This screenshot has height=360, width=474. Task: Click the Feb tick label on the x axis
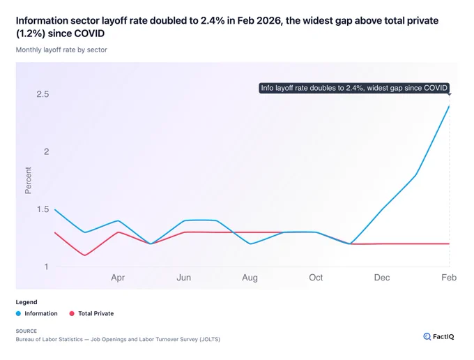point(449,278)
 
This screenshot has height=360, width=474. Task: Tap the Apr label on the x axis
point(118,278)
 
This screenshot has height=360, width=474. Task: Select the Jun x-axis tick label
point(184,278)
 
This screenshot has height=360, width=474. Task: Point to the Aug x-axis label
point(250,278)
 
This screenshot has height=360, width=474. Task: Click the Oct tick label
point(316,278)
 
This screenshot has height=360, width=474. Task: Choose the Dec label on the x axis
point(382,278)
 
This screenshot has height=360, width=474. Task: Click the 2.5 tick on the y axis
point(43,94)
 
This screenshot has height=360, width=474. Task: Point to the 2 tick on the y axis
point(46,151)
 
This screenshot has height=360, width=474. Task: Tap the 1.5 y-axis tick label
point(43,209)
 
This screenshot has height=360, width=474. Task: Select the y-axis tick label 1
point(46,267)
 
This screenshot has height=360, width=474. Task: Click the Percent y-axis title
point(28,180)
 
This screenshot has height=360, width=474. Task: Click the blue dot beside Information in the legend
point(18,313)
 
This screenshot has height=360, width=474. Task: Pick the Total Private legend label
point(95,313)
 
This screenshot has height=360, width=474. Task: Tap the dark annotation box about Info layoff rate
point(354,88)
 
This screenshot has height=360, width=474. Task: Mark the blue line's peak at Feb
point(449,106)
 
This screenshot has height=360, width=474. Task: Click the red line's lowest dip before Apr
point(84,255)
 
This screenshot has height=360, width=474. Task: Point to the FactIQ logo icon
point(427,336)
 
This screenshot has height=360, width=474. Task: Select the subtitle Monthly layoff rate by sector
point(61,50)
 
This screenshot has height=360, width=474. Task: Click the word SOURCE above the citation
point(26,331)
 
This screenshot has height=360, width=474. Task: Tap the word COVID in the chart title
point(89,33)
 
